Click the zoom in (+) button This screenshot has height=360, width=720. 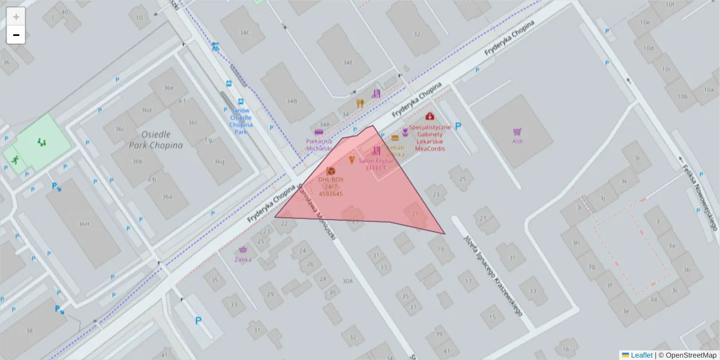[16, 17]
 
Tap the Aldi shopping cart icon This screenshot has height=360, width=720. [517, 132]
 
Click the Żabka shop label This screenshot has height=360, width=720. [243, 259]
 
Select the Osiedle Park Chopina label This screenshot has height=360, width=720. [155, 139]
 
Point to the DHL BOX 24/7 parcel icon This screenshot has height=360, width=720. [331, 171]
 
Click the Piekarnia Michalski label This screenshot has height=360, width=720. [319, 144]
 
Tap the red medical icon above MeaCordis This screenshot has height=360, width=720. [430, 116]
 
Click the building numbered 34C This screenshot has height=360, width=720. [244, 32]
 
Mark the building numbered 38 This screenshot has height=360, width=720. [29, 331]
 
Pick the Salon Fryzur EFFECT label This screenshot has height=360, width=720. [376, 164]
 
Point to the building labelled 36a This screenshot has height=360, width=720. [167, 197]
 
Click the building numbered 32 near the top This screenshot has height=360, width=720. [416, 34]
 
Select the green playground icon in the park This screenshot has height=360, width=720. [41, 142]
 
